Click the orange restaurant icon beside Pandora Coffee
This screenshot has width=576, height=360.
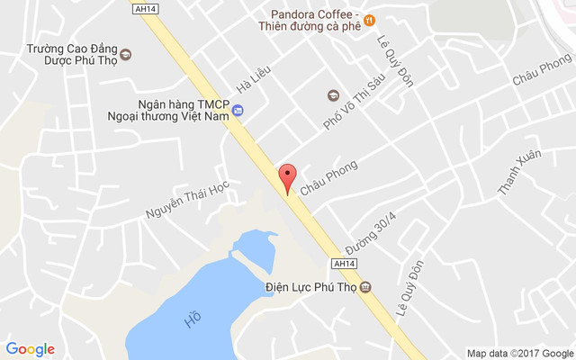370,20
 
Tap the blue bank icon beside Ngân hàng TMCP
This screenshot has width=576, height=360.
238,111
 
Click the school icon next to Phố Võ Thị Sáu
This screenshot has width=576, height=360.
333,94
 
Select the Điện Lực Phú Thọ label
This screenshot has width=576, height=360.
311,288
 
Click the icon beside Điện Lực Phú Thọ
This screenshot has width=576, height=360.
365,288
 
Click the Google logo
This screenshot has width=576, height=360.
30,349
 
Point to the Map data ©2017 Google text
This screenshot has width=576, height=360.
519,353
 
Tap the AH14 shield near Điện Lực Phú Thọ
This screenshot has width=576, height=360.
345,265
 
